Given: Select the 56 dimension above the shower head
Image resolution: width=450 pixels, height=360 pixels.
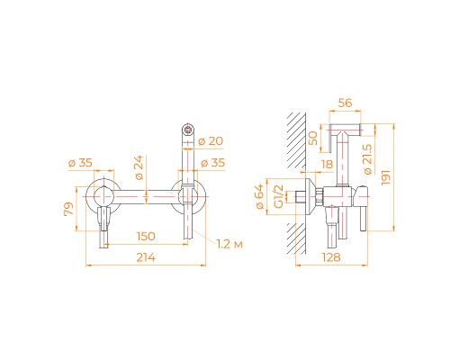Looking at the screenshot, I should (x=346, y=103).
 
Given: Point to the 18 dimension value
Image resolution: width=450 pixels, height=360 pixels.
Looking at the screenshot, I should (x=325, y=165).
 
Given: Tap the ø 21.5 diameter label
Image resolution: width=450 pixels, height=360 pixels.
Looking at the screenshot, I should (x=368, y=163).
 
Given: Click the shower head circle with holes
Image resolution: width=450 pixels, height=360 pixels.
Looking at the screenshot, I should (x=190, y=129).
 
